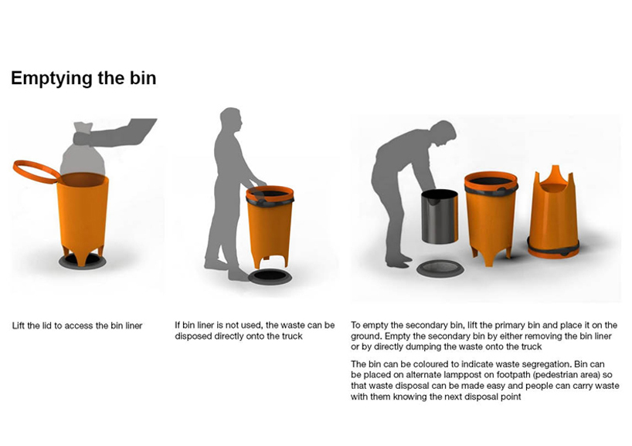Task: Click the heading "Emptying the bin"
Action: click(83, 78)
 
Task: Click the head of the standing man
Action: click(229, 120)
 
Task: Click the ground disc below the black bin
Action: click(440, 269)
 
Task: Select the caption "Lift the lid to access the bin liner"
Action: click(77, 326)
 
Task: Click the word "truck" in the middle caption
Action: click(288, 336)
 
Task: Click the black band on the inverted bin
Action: click(552, 248)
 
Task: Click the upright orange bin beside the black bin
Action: click(490, 216)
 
